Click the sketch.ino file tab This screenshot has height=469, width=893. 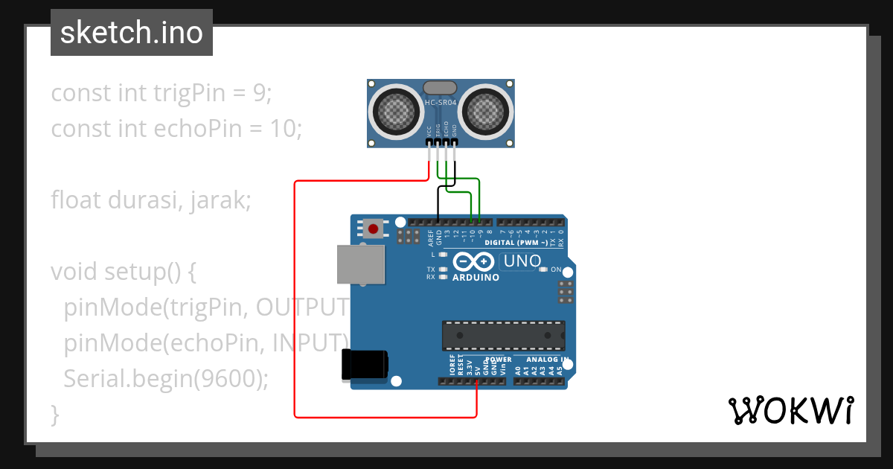pos(132,33)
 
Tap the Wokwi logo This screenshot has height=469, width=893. pos(790,410)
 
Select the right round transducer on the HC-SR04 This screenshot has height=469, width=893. pos(487,112)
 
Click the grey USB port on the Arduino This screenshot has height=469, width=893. pos(361,264)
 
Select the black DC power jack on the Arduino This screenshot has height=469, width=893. pos(364,365)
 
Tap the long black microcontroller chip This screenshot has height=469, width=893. pos(503,336)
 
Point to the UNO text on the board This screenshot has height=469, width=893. pos(522,261)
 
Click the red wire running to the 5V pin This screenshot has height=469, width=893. pos(295,298)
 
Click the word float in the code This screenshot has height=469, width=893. pos(77,200)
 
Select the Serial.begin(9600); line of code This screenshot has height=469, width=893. pos(165,378)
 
